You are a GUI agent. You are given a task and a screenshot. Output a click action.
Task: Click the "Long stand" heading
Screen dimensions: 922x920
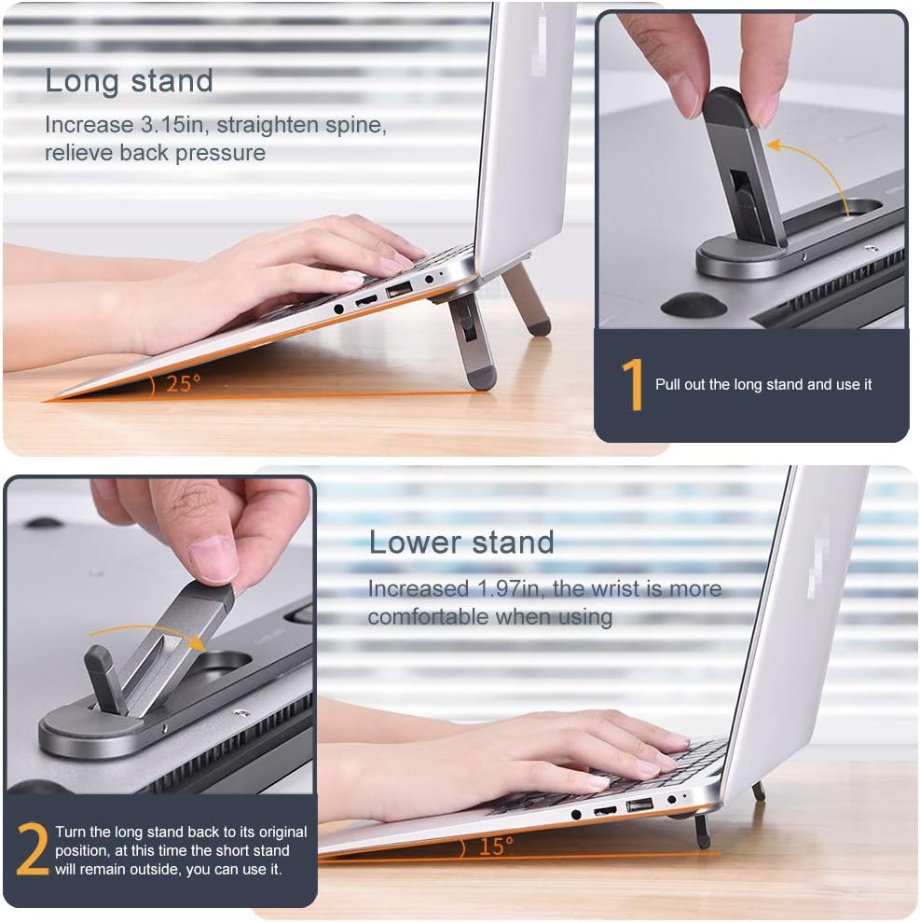[129, 81]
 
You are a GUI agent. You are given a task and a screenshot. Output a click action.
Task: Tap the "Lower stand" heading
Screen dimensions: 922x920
[461, 542]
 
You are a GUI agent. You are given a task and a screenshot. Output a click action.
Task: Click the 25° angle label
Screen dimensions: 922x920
[183, 383]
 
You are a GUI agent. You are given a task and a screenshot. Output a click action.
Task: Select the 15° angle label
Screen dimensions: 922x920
[496, 846]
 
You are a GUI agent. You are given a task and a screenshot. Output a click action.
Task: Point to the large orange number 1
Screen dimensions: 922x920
[632, 385]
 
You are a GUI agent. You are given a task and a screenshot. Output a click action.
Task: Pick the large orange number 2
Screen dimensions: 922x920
[32, 850]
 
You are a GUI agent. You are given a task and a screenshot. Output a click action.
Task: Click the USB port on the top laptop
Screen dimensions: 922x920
[399, 291]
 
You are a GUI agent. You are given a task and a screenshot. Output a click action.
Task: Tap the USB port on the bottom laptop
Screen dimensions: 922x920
[639, 804]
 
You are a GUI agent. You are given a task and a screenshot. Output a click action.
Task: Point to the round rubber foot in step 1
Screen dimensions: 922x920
[694, 306]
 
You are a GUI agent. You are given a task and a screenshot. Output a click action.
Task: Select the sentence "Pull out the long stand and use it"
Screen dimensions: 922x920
[763, 384]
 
